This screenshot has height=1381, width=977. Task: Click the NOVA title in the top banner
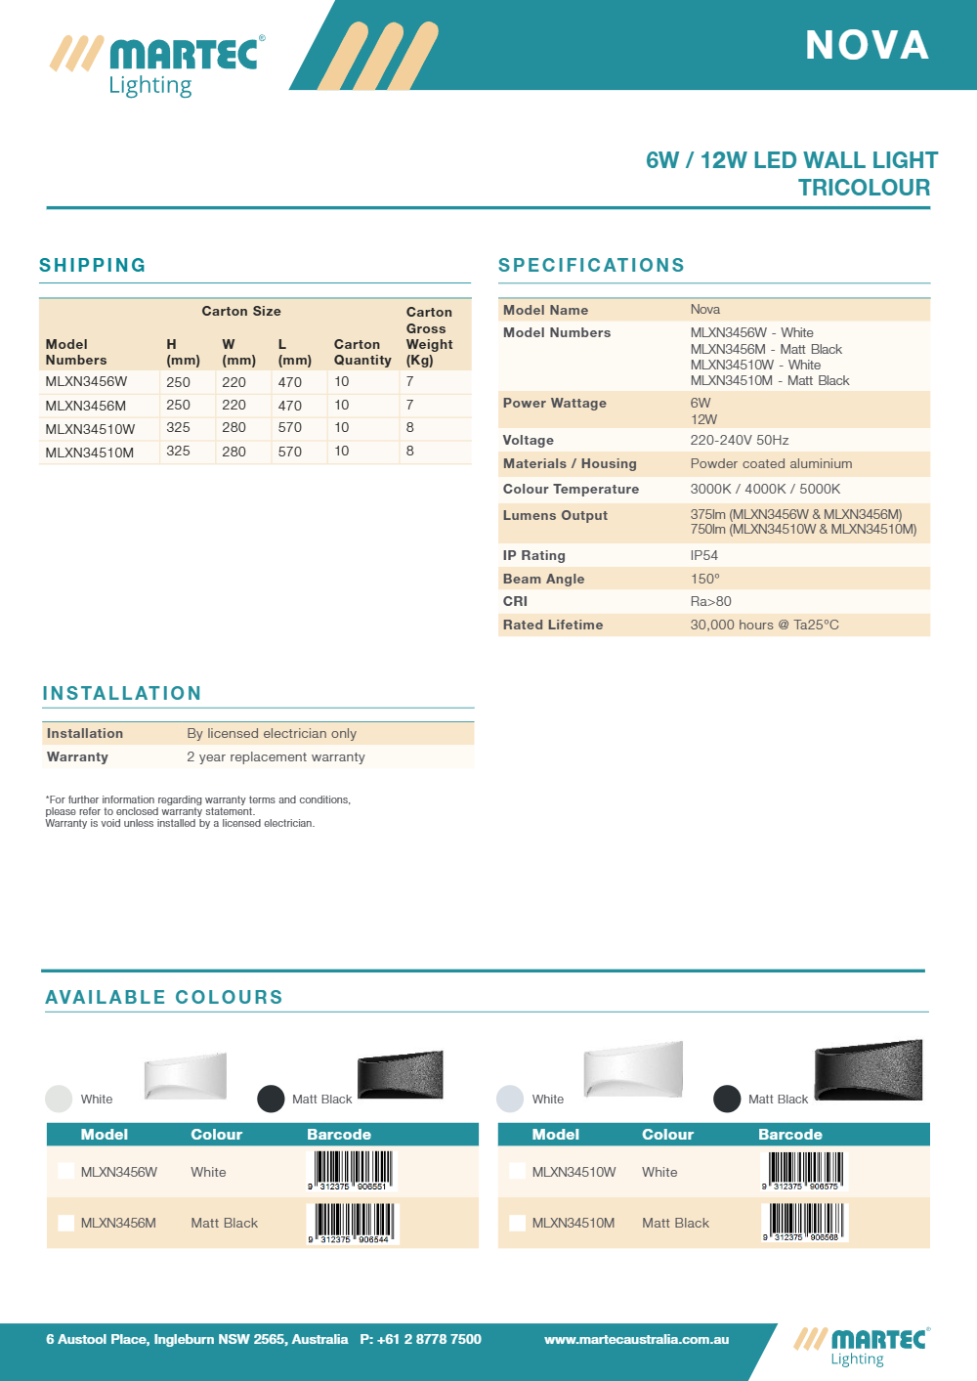tap(867, 46)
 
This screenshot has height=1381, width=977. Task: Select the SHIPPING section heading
tap(93, 265)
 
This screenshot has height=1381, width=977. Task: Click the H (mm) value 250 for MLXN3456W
tap(178, 382)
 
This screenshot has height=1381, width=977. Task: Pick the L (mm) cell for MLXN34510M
tap(290, 452)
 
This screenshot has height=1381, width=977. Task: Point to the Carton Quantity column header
tap(362, 352)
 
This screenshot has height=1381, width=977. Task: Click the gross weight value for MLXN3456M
tap(410, 405)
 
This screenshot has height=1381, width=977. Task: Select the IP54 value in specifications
tap(704, 555)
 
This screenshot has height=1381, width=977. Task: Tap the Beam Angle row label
tap(543, 579)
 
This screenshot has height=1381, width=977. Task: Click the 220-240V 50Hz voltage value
tap(740, 440)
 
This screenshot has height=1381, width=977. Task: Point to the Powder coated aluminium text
tap(771, 463)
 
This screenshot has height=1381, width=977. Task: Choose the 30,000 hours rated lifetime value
tap(764, 625)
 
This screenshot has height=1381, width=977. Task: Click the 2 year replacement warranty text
tap(276, 756)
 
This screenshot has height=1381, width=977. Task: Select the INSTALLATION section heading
tap(122, 693)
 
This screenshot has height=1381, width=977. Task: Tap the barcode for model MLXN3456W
tap(352, 1170)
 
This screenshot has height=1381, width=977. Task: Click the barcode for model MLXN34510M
tap(804, 1222)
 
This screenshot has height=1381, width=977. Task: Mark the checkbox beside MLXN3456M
tap(65, 1223)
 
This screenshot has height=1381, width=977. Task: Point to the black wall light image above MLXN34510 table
tap(868, 1071)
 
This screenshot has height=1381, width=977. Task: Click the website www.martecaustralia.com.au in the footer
tap(636, 1339)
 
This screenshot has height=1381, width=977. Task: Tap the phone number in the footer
tap(420, 1339)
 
